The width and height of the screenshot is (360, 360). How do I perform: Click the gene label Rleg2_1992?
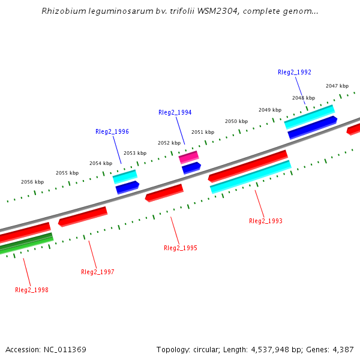pos(294,72)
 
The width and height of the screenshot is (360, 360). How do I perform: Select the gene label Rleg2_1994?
pos(175,112)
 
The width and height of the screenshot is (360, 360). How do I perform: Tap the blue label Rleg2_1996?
pos(112,131)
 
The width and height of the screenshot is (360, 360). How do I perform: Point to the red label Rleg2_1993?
pos(265,221)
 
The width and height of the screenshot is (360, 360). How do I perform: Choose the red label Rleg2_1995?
pos(180,248)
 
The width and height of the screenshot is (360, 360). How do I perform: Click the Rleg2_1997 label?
pos(97,272)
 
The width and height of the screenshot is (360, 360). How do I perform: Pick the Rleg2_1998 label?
pos(31,290)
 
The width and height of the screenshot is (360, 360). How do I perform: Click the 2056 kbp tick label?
pos(32,182)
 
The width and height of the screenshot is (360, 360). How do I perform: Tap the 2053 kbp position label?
pos(134,153)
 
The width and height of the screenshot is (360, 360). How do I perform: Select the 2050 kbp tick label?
pos(236,121)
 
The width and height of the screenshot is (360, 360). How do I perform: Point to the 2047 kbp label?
pos(337,86)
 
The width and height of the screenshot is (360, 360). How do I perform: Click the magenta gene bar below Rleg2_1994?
pos(188,157)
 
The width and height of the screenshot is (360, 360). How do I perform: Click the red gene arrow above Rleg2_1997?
pos(83,216)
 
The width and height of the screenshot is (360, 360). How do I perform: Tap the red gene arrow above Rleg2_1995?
pos(164,193)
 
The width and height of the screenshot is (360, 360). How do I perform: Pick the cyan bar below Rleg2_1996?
pos(125,176)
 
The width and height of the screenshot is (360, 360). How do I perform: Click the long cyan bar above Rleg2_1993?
pos(250,177)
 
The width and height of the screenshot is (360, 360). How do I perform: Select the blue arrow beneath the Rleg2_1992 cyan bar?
pos(312,127)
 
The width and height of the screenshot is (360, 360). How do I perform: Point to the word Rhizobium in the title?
pos(63,11)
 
